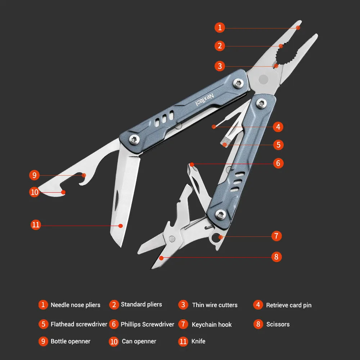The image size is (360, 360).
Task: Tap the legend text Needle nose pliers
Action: coord(75,305)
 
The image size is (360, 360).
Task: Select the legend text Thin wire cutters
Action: coord(215,305)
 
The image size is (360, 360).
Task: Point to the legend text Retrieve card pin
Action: coord(288,305)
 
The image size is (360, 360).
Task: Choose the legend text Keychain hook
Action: coord(212,324)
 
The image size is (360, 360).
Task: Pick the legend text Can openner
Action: coord(139,341)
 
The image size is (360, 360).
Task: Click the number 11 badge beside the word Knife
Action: coord(183,341)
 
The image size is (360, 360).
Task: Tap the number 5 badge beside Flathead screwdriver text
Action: coord(43,324)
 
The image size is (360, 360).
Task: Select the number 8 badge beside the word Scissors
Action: coord(258,324)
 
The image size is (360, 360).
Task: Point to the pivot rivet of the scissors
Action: coord(172,238)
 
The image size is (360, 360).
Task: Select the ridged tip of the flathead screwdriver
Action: coord(224,144)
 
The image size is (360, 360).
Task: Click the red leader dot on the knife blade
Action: coord(121,226)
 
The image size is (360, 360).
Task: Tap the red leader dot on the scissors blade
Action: coord(162,257)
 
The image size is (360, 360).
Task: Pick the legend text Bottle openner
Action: coord(70,341)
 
